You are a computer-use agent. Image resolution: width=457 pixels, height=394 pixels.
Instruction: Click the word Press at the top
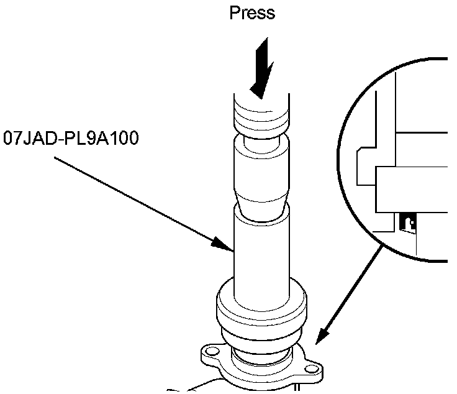point(252,12)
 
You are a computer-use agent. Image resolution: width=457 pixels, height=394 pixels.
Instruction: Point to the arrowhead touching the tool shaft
point(222,244)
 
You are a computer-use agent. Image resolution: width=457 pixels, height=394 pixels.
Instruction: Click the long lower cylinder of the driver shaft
point(261,249)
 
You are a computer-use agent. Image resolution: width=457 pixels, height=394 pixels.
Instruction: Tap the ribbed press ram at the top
point(261,115)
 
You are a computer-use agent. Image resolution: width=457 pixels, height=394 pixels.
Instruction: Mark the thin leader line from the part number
point(137,199)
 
